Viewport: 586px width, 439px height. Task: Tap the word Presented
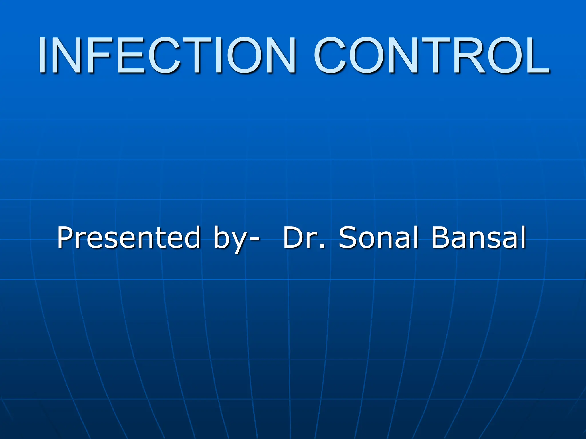coord(129,237)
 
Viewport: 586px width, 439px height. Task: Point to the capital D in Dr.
coord(293,237)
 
